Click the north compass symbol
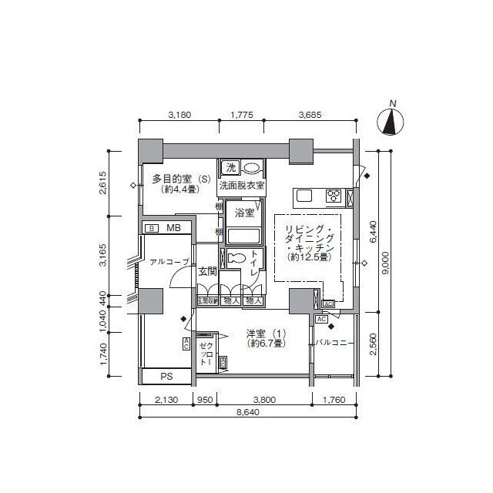393,121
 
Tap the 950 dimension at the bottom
205,399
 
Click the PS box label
166,377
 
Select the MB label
173,228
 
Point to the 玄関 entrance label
206,271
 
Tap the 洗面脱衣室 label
241,186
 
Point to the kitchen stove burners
335,196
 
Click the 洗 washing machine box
230,168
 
